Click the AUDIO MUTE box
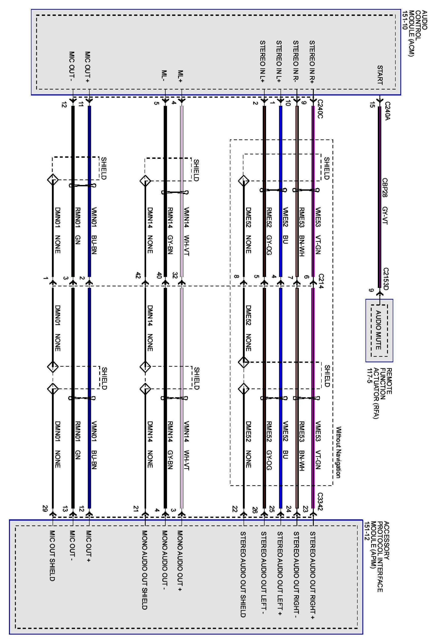click(x=379, y=330)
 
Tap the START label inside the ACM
click(x=380, y=75)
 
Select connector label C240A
click(x=387, y=111)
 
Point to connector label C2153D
click(x=386, y=279)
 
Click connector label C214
click(x=321, y=281)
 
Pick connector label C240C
click(x=320, y=109)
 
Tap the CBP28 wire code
click(x=385, y=188)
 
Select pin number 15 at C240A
click(x=372, y=105)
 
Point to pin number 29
click(x=45, y=509)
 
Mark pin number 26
click(x=255, y=510)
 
